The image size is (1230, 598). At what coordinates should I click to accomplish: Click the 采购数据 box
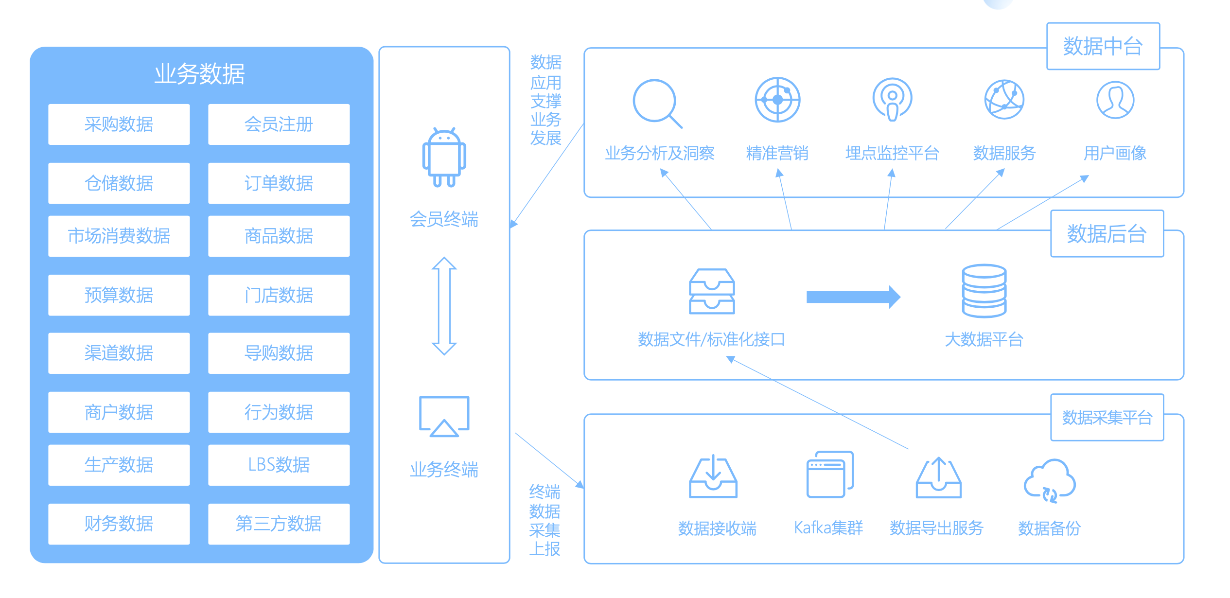pos(119,124)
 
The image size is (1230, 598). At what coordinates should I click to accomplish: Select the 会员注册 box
pos(279,124)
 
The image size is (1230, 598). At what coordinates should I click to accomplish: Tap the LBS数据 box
pos(279,465)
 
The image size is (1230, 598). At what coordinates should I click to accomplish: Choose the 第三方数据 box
pos(279,524)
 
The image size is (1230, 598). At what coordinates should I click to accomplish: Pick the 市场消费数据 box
pos(119,236)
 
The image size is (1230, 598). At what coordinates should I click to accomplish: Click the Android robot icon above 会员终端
pos(444,157)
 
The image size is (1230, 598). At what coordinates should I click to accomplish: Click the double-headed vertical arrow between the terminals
pos(444,306)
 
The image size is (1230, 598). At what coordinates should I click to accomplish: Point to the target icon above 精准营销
pos(777,100)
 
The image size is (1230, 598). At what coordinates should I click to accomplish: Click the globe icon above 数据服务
pos(1004,100)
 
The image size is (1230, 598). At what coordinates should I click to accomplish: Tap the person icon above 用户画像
pos(1115,100)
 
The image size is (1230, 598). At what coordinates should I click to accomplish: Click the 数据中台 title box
pos(1103,46)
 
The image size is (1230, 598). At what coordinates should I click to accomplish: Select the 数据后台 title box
pos(1107,234)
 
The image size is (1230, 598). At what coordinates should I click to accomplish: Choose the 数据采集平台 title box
pos(1107,417)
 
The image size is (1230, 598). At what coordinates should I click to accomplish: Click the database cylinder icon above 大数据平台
pos(984,291)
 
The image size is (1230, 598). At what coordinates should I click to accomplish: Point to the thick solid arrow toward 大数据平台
pos(853,297)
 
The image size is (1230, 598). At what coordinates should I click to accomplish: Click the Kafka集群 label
pos(828,528)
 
